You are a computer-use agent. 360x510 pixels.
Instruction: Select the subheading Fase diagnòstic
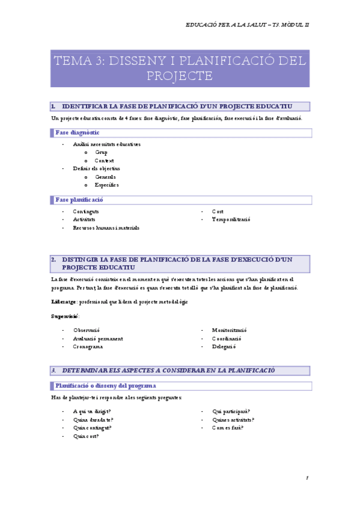pos(78,132)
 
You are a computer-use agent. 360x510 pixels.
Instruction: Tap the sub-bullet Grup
pos(101,153)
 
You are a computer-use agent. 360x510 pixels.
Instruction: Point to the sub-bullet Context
pos(104,161)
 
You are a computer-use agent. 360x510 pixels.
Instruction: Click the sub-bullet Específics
pos(107,185)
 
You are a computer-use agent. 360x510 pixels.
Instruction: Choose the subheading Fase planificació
pos(79,200)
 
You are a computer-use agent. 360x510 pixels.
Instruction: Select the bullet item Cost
pos(218,212)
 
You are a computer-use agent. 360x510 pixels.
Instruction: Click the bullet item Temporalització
pos(231,220)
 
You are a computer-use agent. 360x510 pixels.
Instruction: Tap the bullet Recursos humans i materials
pos(106,228)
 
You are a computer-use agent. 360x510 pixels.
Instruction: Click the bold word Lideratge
pos(64,301)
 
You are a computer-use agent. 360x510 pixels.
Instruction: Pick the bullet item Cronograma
pos(88,346)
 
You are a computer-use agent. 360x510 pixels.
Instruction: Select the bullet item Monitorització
pos(230,330)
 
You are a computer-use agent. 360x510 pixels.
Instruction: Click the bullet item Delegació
pos(224,346)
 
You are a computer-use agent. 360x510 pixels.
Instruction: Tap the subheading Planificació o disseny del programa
pos(106,386)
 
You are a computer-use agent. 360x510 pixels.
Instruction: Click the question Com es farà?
pos(228,428)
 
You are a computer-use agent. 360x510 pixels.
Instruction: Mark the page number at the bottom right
pos(307,478)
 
